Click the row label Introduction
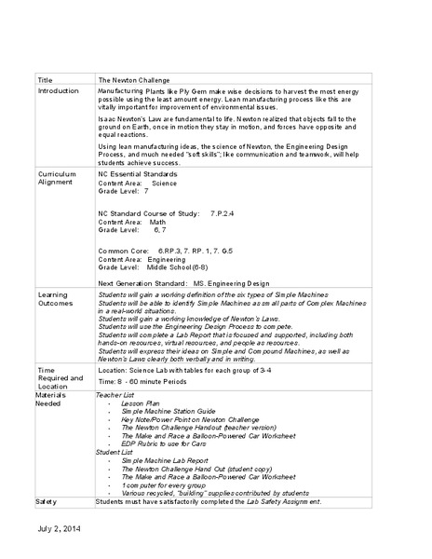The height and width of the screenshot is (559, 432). pos(59,92)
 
